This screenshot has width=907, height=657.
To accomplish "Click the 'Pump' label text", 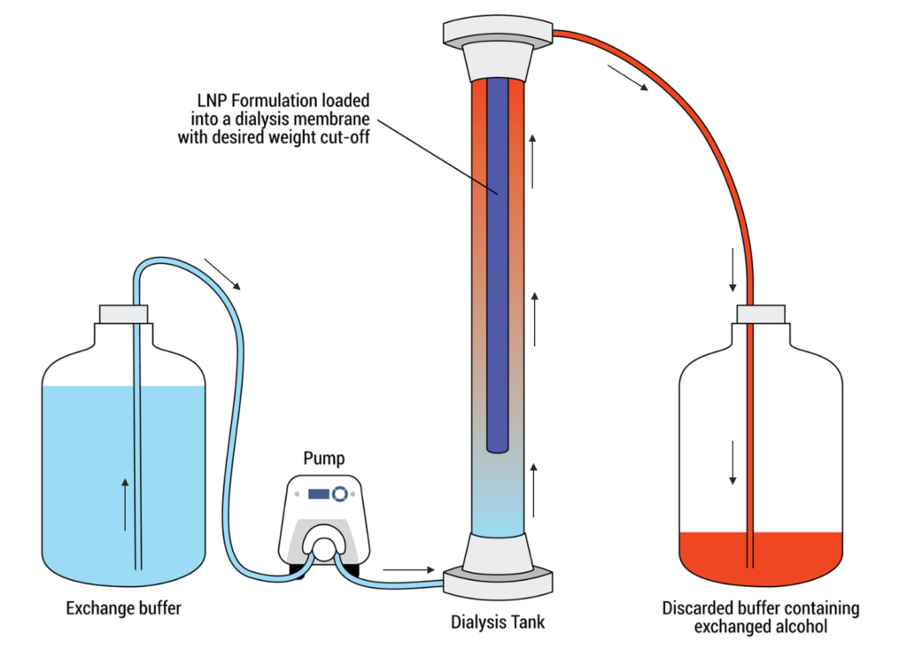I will pos(323,458).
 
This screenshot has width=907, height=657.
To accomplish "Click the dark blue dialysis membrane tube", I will pos(497,266).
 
